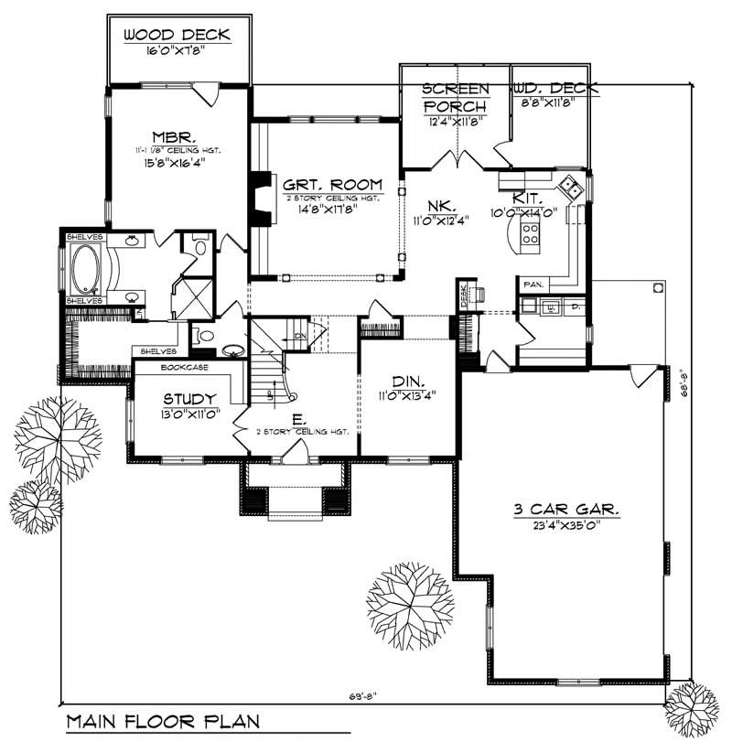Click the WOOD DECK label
coord(177,36)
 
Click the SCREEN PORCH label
coord(455,97)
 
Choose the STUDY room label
coord(189,399)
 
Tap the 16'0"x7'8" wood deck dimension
coord(177,52)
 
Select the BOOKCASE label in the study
coord(184,367)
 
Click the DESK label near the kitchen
coord(464,294)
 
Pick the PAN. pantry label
coord(533,285)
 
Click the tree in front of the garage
coord(409,602)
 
